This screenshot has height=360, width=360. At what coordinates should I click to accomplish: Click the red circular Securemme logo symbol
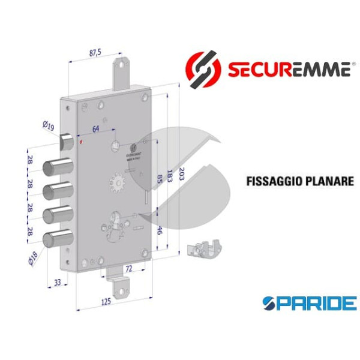[x=202, y=67]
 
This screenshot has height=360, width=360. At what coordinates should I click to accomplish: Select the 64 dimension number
[x=96, y=128]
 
